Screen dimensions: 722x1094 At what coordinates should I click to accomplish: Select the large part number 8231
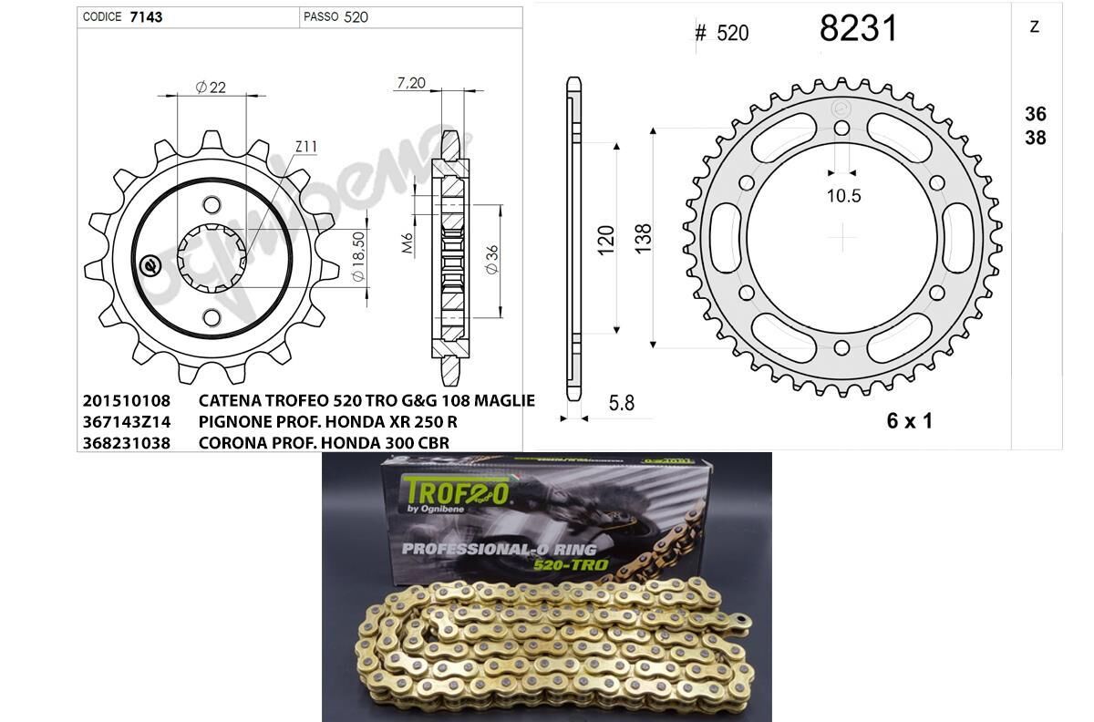[858, 28]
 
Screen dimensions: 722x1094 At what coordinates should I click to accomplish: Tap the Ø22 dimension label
[211, 88]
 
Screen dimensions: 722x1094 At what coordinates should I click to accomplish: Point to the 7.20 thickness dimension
[411, 83]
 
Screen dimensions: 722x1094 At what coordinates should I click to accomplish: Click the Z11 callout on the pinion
[305, 147]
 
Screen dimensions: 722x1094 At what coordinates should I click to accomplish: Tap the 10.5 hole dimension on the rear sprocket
[843, 195]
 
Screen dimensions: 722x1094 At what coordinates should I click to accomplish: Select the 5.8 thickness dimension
[622, 402]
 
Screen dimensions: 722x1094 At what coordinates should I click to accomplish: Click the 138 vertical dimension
[643, 238]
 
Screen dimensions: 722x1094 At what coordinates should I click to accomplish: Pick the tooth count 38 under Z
[1035, 139]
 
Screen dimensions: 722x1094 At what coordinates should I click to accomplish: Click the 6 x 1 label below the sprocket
[909, 420]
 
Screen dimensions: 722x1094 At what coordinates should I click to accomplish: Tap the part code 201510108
[126, 401]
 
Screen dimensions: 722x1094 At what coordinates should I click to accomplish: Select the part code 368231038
[126, 443]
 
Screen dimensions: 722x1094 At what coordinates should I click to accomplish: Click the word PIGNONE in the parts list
[236, 422]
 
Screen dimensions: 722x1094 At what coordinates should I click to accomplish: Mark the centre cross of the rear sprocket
[844, 240]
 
